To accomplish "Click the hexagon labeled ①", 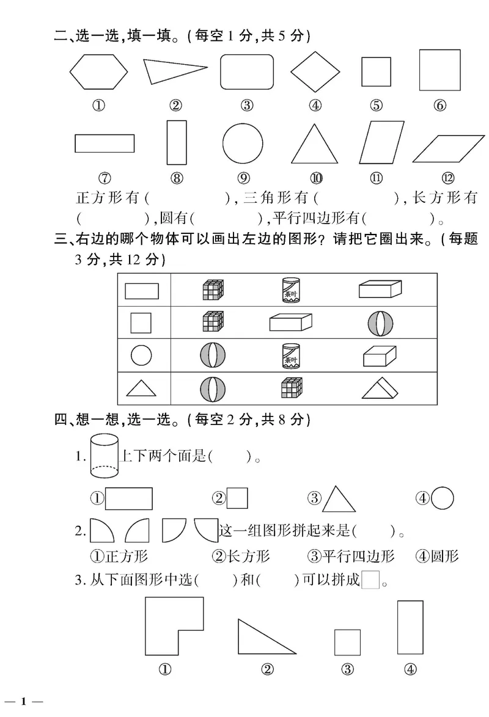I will coord(98,71).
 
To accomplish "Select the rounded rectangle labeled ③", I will coord(246,72).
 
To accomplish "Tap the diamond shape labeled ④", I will coord(315,71).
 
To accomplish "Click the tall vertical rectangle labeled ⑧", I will coord(176,142).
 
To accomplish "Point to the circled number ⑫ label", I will coord(448,178).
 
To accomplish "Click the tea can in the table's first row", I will coord(290,289).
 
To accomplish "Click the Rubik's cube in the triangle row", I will coord(292,388).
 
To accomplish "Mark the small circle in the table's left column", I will coord(142,354).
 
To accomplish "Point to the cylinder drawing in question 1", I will coord(104,456).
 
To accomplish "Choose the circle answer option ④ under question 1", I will coord(442,498).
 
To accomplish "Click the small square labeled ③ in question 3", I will coord(347,642).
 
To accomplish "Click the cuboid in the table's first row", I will coord(379,289).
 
